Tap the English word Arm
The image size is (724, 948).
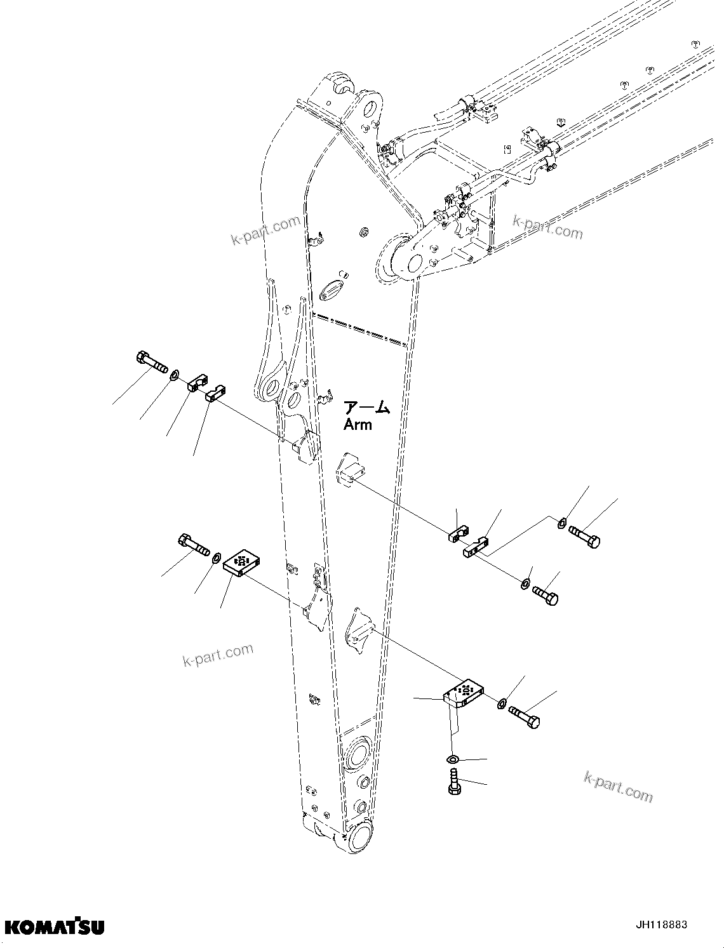(x=358, y=425)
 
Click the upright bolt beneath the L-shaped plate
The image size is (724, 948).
(x=453, y=781)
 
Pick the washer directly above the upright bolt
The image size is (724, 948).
(x=452, y=759)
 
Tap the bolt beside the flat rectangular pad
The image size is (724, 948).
(x=193, y=544)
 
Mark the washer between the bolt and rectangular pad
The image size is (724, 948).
(x=216, y=557)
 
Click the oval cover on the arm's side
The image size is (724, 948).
(x=332, y=291)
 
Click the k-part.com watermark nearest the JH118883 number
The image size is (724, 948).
(x=617, y=787)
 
